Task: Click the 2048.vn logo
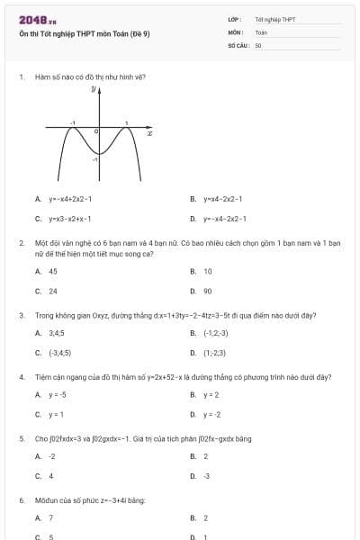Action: click(x=38, y=20)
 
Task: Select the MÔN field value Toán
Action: click(x=261, y=31)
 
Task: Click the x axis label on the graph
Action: click(x=149, y=133)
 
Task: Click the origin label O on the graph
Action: click(x=96, y=131)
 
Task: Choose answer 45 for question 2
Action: click(x=53, y=271)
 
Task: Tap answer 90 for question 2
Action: click(x=208, y=291)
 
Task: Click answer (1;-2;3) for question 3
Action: click(x=214, y=353)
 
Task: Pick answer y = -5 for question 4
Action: click(x=57, y=394)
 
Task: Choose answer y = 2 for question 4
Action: click(x=211, y=394)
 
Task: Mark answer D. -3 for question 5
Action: click(x=206, y=475)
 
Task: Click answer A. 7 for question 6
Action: click(x=51, y=517)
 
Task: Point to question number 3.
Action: click(x=21, y=316)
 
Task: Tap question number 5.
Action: click(x=21, y=438)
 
